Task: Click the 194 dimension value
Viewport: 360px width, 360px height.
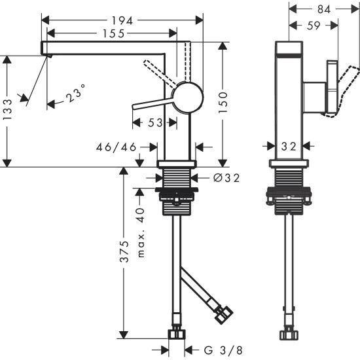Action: (122, 20)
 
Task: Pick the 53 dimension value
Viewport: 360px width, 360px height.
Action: (155, 122)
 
